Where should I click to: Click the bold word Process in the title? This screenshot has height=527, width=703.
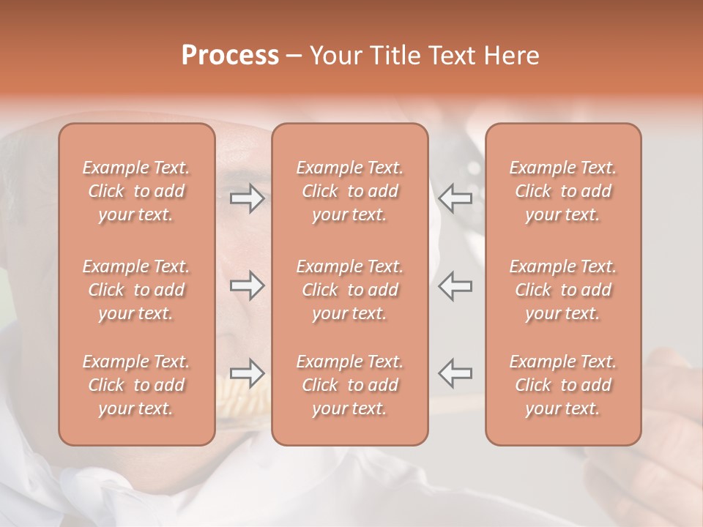(230, 56)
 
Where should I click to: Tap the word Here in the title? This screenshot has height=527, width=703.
(512, 56)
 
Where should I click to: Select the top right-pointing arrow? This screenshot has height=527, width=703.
(247, 198)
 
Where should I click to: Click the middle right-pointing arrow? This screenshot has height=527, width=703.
(247, 285)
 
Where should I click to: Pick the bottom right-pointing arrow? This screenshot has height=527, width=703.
(247, 373)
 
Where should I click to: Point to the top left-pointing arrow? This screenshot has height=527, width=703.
(455, 198)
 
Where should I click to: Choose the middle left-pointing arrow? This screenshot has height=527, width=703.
(455, 285)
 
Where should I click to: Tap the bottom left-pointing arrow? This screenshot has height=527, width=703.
(455, 373)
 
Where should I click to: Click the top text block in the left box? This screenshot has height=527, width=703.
(136, 191)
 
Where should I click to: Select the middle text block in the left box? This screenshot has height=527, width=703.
(136, 290)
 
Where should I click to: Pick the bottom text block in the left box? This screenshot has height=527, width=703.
(136, 385)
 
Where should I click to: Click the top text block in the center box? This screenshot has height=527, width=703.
(350, 191)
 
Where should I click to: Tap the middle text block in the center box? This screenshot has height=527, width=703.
(350, 290)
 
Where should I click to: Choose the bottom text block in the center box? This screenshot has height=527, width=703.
(350, 385)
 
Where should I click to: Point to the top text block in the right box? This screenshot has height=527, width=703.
(563, 191)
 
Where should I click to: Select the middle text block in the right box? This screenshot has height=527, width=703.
(563, 290)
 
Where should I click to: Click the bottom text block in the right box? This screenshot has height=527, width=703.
(563, 385)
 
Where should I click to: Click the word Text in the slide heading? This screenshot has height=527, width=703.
(449, 56)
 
